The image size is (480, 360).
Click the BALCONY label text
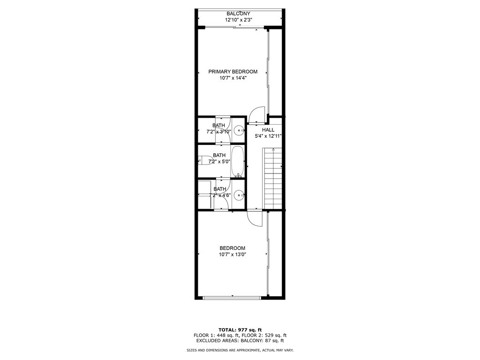(x=239, y=14)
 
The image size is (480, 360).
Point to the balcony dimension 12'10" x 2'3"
(x=239, y=20)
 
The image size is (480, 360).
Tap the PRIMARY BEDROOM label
(x=233, y=72)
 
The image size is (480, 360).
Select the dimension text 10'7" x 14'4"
(x=233, y=78)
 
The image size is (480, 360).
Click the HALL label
(x=268, y=130)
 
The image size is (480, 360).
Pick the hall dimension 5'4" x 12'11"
(x=268, y=136)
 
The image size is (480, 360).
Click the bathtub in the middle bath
(x=238, y=162)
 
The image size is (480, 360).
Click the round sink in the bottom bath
(x=239, y=195)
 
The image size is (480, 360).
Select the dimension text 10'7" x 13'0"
(x=232, y=255)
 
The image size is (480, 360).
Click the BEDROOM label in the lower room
(x=232, y=248)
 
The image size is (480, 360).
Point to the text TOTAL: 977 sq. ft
(x=240, y=329)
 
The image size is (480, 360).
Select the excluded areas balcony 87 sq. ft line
(x=240, y=341)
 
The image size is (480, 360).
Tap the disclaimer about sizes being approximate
(x=240, y=350)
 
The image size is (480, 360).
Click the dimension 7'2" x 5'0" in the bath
(x=219, y=162)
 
